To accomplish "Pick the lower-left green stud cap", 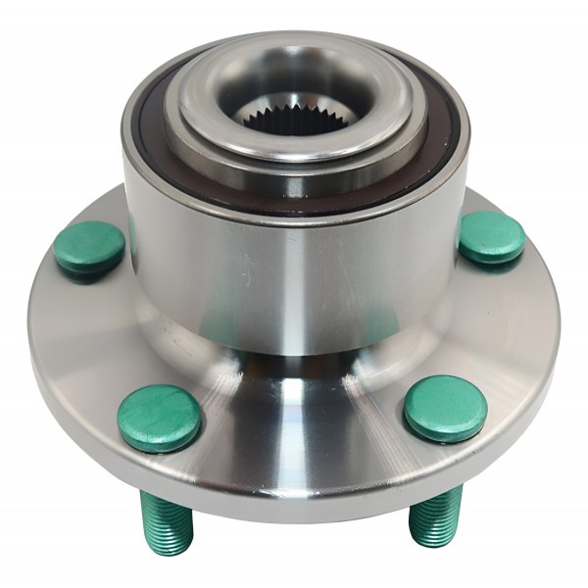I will click(159, 417).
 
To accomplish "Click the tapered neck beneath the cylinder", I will click(294, 392).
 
